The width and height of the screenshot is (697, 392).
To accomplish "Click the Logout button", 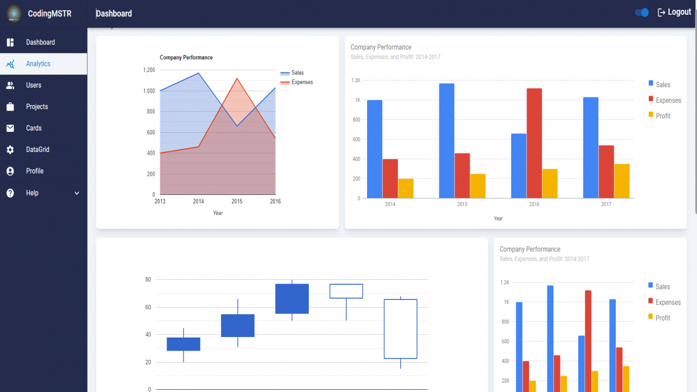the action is tap(674, 12).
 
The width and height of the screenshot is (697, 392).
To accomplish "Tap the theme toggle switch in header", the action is tap(641, 13).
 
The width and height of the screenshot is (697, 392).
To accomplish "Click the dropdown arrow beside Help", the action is tap(77, 193).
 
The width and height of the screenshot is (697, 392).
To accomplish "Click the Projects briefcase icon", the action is tap(10, 107).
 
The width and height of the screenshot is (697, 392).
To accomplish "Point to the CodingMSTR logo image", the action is tap(14, 14).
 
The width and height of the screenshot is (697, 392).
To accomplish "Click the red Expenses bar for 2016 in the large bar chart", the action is tap(534, 143).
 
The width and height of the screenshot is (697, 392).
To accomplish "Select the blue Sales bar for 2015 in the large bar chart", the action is tap(447, 140).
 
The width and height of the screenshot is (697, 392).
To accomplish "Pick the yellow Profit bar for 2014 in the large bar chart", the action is tap(406, 188).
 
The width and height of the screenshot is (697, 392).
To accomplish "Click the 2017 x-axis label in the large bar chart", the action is tap(606, 204).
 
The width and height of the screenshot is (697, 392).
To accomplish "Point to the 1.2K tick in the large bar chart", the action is tap(356, 80).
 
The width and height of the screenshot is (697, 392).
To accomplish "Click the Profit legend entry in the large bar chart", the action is tap(659, 116).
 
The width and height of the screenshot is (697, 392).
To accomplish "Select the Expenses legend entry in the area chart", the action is tap(297, 82).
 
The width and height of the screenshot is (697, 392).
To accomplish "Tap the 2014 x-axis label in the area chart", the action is tap(198, 201).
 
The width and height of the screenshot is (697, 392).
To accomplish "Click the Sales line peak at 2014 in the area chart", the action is tap(199, 73).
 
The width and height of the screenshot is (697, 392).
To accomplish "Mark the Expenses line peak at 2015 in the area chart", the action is tap(237, 78).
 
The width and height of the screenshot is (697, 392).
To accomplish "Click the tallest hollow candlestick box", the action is tap(400, 329).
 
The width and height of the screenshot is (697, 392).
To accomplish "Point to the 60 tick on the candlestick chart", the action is tap(148, 307).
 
